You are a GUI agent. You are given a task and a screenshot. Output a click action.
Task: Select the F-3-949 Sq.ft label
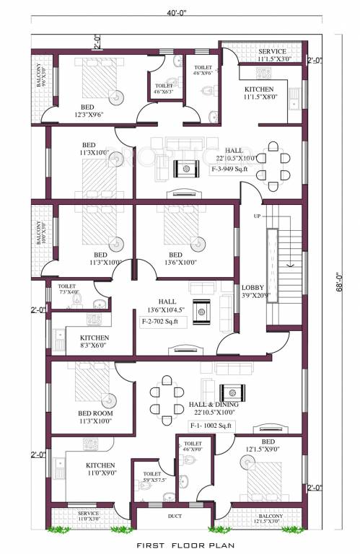click(229, 170)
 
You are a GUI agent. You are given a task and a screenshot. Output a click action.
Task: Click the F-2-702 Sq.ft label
click(164, 321)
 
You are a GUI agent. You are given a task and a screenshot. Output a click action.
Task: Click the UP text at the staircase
click(256, 216)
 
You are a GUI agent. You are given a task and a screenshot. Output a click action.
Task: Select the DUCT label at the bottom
click(175, 517)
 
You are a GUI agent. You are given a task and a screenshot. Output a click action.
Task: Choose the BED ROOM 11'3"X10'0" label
click(95, 417)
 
